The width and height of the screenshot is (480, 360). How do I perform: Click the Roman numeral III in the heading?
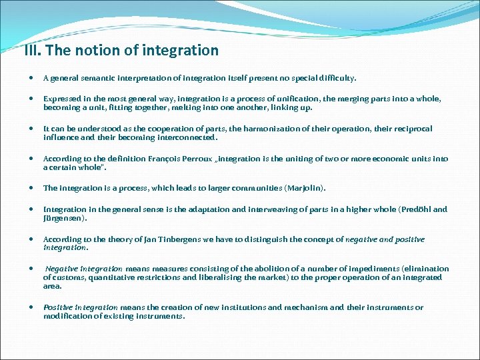[x=30, y=51]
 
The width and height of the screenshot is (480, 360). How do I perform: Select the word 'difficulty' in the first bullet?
[x=338, y=78]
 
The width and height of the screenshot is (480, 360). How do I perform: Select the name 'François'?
[x=159, y=159]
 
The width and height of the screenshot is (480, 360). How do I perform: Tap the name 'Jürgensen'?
[x=65, y=218]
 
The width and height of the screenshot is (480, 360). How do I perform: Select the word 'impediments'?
[x=365, y=269]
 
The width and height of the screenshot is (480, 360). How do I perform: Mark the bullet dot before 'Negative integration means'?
[x=33, y=269]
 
